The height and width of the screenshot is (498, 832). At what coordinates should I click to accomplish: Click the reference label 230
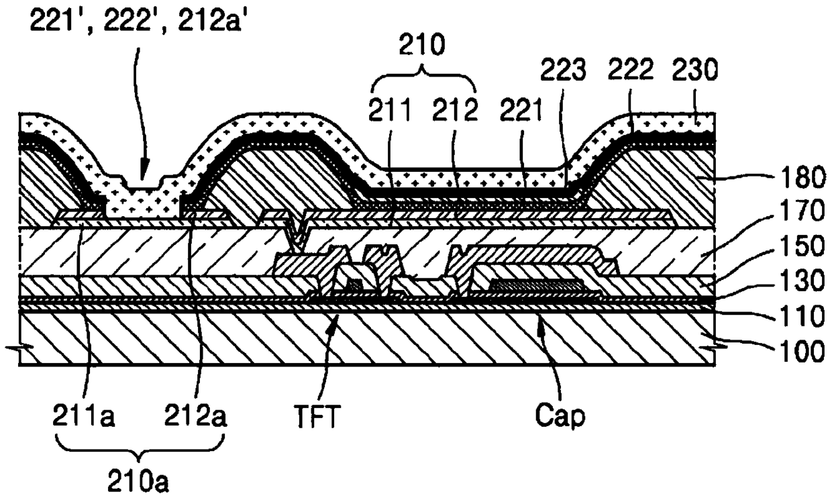694,70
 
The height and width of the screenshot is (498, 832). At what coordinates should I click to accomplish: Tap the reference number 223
563,70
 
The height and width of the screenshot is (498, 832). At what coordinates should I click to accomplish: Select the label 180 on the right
802,179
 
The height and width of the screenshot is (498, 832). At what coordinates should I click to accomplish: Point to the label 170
802,211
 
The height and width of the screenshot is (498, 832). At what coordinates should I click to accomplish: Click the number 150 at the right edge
802,246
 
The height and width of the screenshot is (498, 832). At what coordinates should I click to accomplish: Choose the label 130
802,281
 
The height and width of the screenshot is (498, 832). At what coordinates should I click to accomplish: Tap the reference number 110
802,317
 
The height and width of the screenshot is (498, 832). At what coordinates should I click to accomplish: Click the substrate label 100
802,352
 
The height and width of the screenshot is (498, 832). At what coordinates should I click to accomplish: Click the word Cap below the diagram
560,415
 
